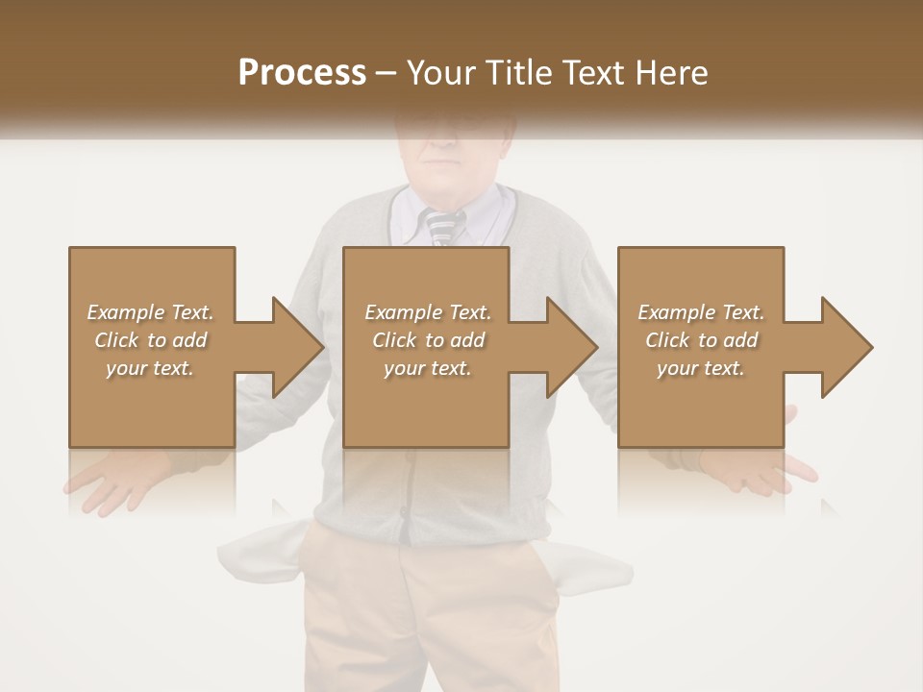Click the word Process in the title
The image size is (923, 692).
pos(302,72)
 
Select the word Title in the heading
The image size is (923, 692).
pos(511,72)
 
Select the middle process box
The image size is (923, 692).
pos(426,404)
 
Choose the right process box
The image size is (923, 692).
pos(701,404)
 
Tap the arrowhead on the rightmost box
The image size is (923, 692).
pos(845,347)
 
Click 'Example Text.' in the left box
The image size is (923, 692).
pos(151,312)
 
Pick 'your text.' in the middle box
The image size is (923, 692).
pos(427,368)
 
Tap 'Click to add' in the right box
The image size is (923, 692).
pos(702,340)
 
